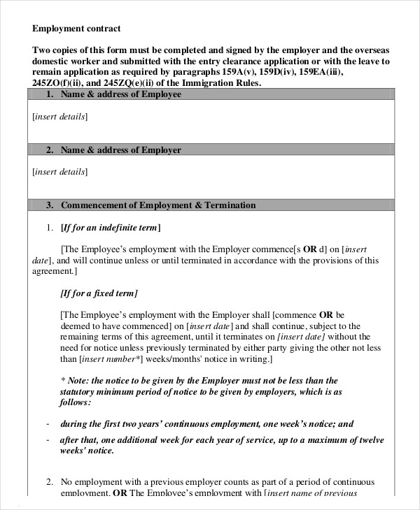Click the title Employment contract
point(76,29)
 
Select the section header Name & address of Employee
point(121,94)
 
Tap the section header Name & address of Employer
point(121,150)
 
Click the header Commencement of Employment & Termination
point(158,205)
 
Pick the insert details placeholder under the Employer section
point(60,171)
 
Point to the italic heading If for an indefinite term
point(111,228)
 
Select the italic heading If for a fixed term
point(99,293)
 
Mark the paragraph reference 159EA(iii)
point(319,73)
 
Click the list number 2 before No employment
point(50,482)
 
